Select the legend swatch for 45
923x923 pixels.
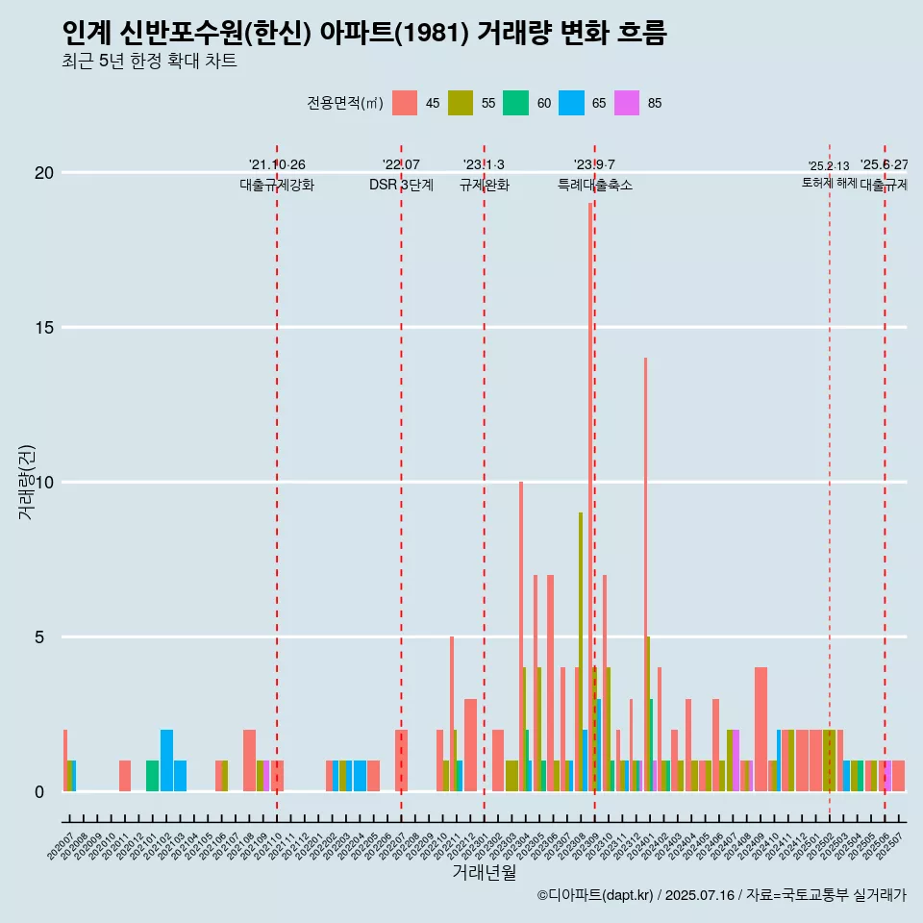click(x=405, y=103)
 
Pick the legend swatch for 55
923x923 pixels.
click(x=461, y=103)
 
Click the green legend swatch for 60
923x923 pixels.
click(x=516, y=103)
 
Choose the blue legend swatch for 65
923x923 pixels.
click(x=572, y=103)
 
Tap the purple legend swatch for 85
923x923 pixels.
click(x=627, y=103)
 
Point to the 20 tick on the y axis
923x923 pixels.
click(x=43, y=173)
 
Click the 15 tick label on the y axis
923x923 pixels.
click(x=43, y=328)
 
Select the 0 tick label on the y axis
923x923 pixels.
click(x=39, y=792)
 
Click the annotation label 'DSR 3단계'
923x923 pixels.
click(x=401, y=185)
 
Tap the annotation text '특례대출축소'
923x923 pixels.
click(x=594, y=185)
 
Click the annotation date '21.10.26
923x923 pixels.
click(x=277, y=165)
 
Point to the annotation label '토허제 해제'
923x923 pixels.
click(x=829, y=183)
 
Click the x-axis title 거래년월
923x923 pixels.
click(x=484, y=873)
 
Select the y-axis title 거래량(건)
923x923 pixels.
click(x=27, y=483)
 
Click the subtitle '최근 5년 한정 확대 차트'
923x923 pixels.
click(x=149, y=62)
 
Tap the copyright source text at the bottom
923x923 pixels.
click(x=721, y=896)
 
